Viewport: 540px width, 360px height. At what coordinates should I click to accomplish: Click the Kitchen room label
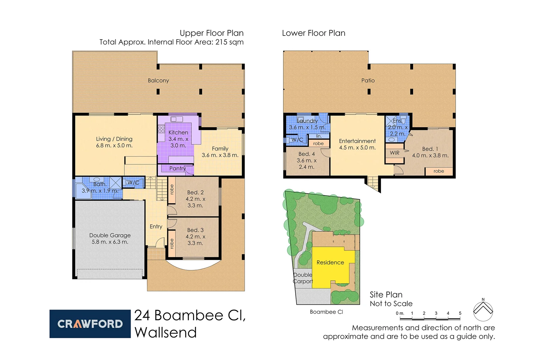[x=178, y=133]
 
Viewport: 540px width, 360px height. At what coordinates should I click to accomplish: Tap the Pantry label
[x=177, y=169]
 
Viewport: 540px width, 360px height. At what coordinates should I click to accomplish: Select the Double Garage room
[x=110, y=238]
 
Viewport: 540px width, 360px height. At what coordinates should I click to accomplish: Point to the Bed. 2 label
[x=195, y=193]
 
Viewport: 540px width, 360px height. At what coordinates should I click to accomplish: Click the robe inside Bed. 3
[x=172, y=244]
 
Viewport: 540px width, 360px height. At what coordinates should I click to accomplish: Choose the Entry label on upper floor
[x=156, y=227]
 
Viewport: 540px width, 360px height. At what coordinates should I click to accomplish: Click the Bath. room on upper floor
[x=100, y=188]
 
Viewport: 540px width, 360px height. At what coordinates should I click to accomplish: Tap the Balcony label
[x=158, y=81]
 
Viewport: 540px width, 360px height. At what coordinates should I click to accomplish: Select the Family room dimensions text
[x=220, y=155]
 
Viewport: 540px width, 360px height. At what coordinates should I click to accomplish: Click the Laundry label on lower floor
[x=307, y=121]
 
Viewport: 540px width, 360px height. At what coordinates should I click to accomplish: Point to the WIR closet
[x=395, y=153]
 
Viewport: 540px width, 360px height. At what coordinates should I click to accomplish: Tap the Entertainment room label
[x=357, y=141]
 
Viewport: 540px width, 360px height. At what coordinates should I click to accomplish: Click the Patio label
[x=368, y=81]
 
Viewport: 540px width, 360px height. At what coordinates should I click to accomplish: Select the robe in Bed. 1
[x=439, y=171]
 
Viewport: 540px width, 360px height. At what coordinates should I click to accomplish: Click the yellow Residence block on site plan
[x=330, y=263]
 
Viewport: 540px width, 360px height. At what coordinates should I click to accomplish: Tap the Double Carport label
[x=303, y=278]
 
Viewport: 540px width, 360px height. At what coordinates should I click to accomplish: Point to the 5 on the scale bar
[x=460, y=313]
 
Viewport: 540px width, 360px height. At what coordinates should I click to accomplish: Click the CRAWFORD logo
[x=90, y=324]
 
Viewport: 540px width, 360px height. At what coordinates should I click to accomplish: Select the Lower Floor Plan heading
[x=314, y=33]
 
